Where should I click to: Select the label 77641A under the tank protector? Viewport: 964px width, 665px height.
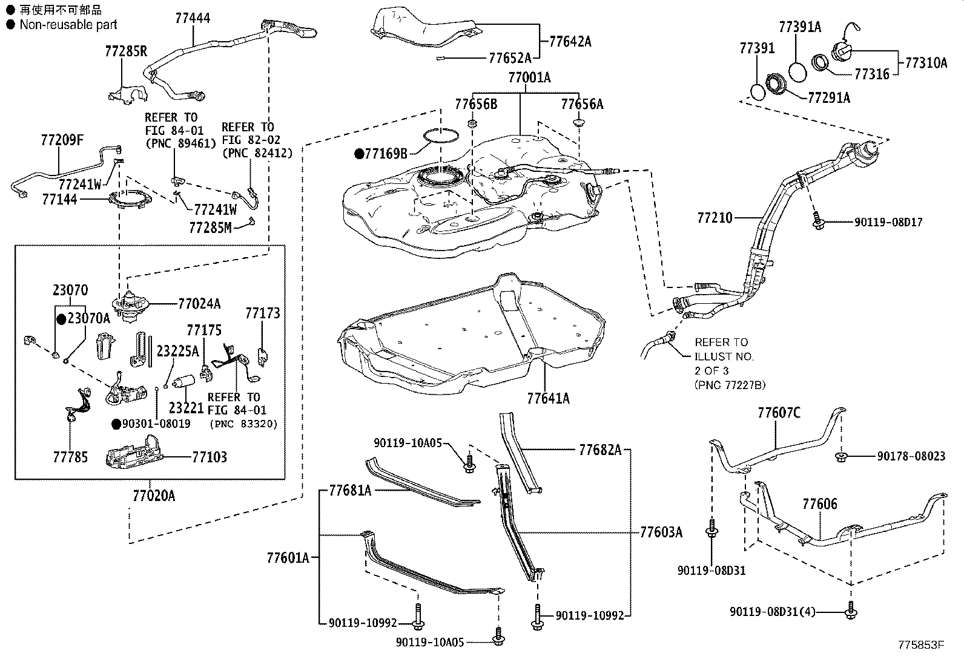[x=547, y=398]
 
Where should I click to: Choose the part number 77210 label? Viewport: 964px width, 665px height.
[x=715, y=217]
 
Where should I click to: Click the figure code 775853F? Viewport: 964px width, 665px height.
[x=921, y=645]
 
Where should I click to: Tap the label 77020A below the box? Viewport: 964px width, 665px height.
[x=154, y=496]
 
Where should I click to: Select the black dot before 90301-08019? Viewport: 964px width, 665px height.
[x=116, y=424]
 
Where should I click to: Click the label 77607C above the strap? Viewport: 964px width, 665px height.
[x=779, y=413]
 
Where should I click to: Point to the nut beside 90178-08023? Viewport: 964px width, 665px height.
[x=841, y=457]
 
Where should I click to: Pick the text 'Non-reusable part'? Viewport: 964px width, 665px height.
[x=68, y=25]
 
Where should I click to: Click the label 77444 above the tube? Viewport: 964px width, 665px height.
[x=193, y=18]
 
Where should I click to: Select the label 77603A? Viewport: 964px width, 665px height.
[x=661, y=532]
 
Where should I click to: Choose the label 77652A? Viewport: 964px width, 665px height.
[x=510, y=58]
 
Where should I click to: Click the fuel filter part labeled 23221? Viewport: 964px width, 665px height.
[x=183, y=382]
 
